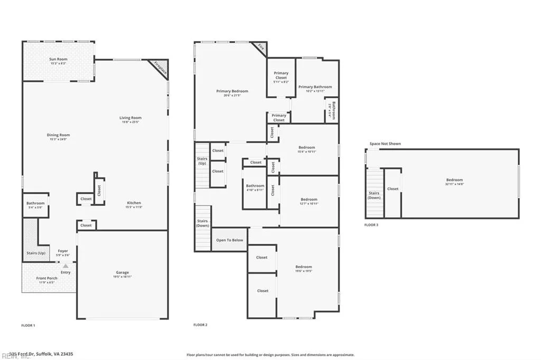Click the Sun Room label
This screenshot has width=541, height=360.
tap(58, 59)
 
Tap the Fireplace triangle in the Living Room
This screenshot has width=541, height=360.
tap(158, 67)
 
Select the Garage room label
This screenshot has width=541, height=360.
tap(123, 272)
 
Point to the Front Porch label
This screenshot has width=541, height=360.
tap(46, 278)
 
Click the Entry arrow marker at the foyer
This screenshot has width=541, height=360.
tap(66, 267)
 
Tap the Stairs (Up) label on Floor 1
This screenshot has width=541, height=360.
tap(35, 253)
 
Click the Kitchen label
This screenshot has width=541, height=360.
tap(134, 203)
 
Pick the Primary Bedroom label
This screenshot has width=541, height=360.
tap(232, 91)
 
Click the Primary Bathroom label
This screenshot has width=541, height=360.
tap(315, 87)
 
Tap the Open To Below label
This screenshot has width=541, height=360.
tap(230, 240)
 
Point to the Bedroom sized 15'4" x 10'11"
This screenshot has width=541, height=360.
tap(307, 148)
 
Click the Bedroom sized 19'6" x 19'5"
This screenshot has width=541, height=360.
tap(303, 267)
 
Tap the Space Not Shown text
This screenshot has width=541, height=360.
tap(385, 144)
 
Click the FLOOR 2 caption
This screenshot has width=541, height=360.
tap(200, 325)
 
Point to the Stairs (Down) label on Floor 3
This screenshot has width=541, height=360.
tap(374, 195)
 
